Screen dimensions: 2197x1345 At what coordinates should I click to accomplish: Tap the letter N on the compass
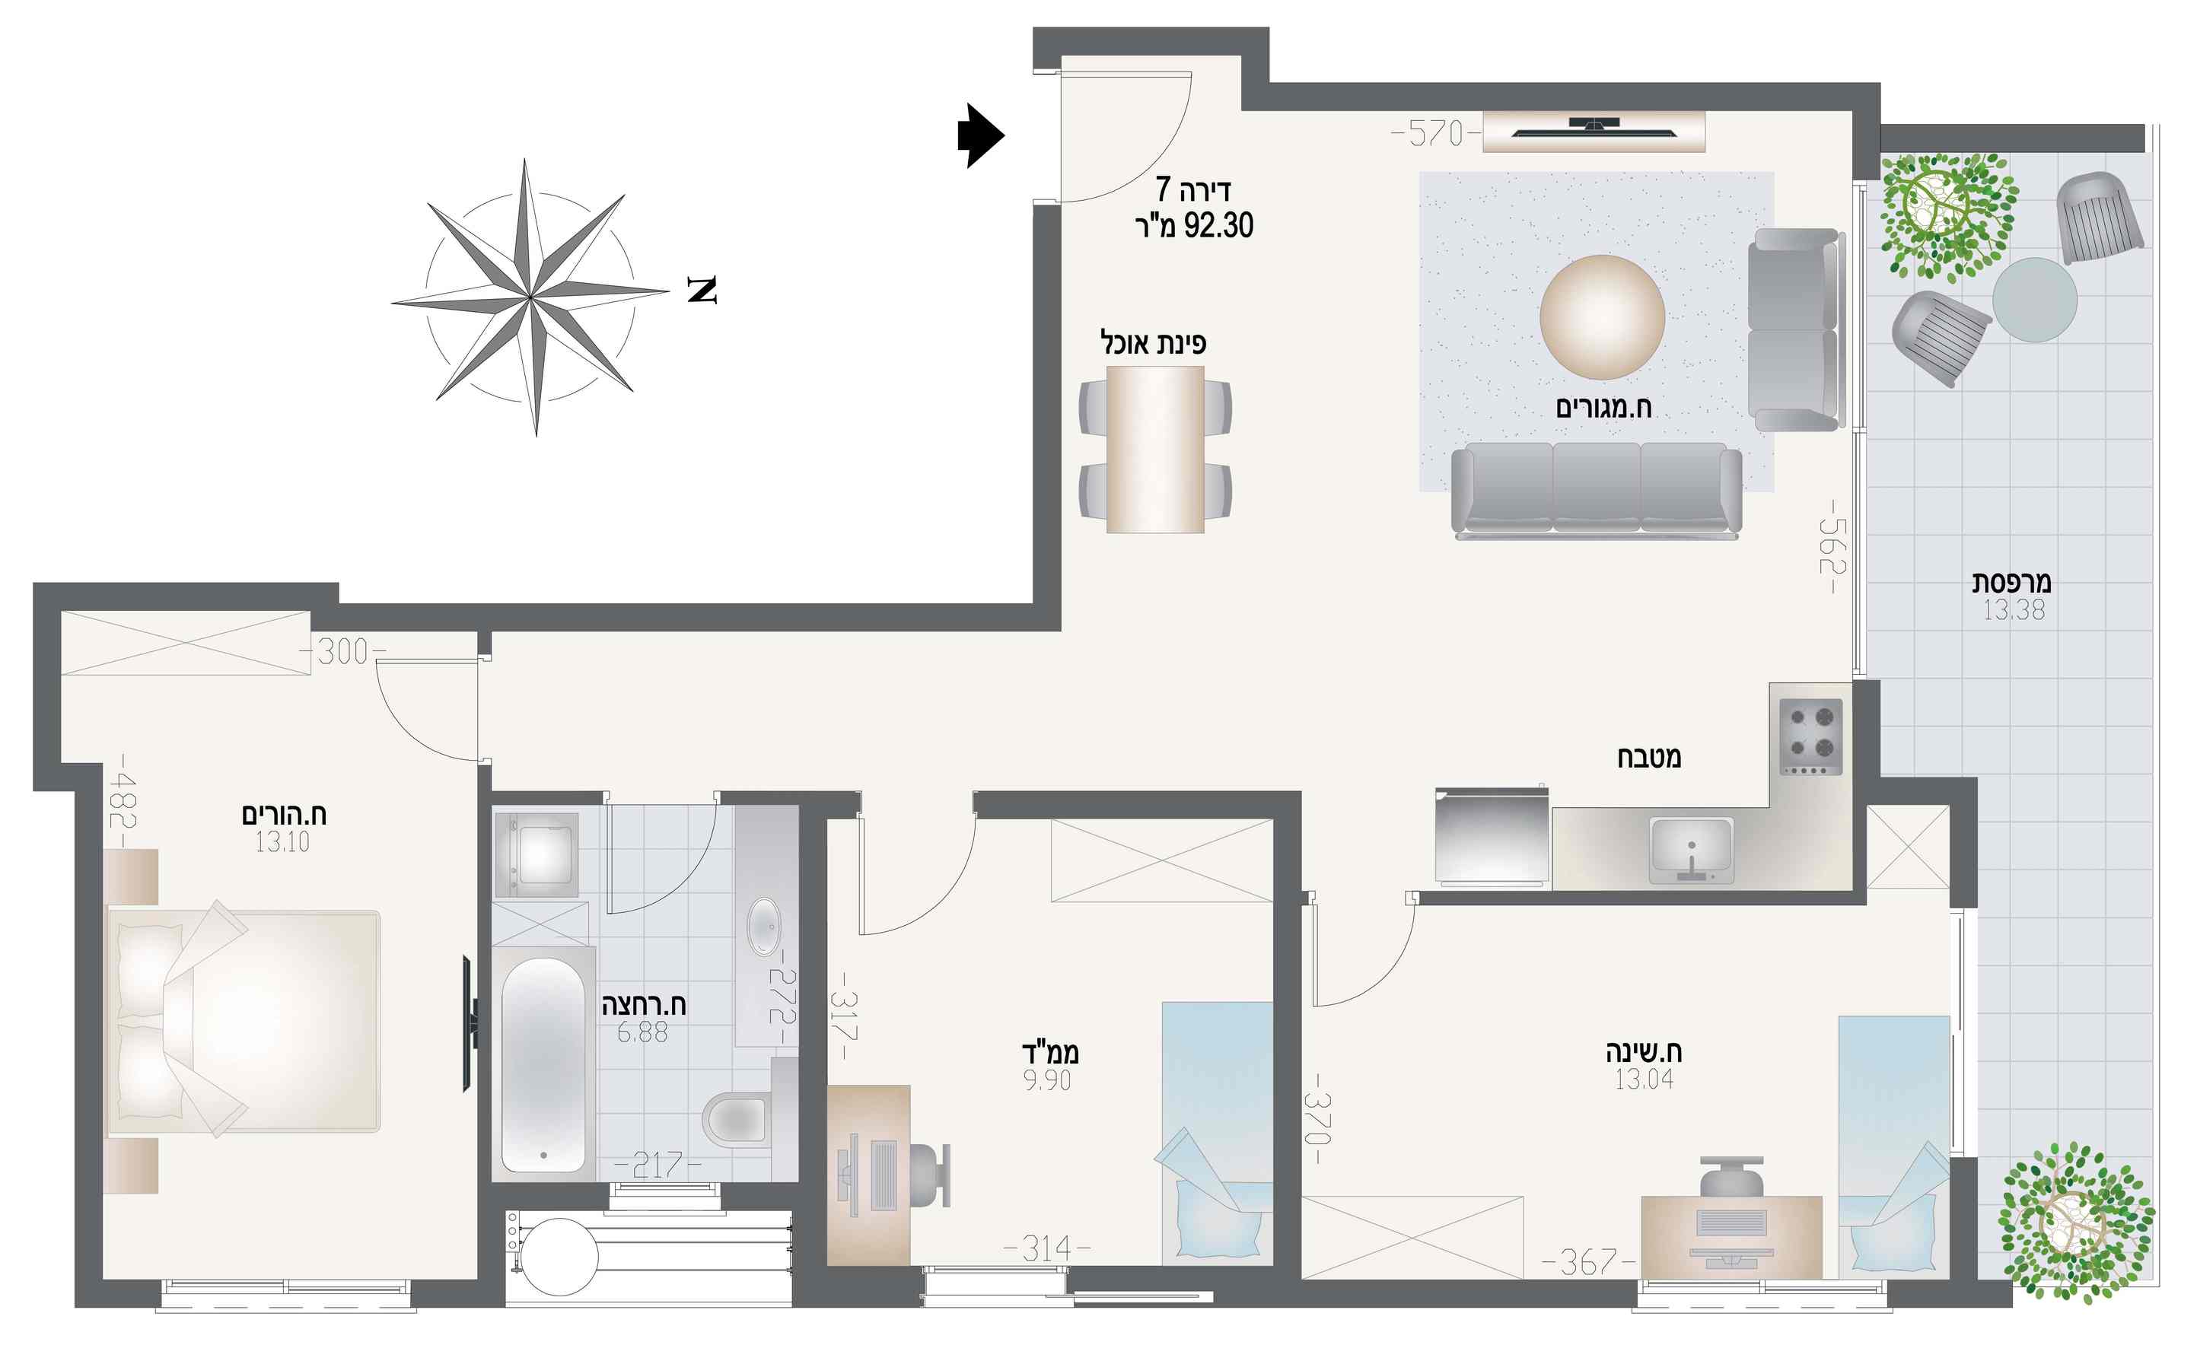tap(702, 290)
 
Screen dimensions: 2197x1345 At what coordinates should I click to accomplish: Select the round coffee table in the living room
tap(1602, 317)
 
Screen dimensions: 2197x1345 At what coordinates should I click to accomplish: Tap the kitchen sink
tap(1692, 851)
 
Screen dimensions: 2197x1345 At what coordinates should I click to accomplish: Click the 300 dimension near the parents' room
tap(342, 651)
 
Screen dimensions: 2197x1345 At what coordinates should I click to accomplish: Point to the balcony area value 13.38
tap(2014, 611)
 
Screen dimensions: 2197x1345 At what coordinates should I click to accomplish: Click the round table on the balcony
tap(2035, 300)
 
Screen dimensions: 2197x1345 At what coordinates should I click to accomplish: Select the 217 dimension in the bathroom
tap(658, 1165)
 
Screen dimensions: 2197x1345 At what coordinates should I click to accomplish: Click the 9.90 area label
tap(1047, 1081)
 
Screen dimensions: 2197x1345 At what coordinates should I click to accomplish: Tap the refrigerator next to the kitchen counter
tap(1491, 837)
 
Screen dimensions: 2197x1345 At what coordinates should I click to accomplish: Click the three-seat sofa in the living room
tap(1596, 492)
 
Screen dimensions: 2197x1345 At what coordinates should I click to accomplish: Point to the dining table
tap(1155, 450)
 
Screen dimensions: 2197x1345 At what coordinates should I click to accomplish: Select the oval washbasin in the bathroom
tap(763, 927)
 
